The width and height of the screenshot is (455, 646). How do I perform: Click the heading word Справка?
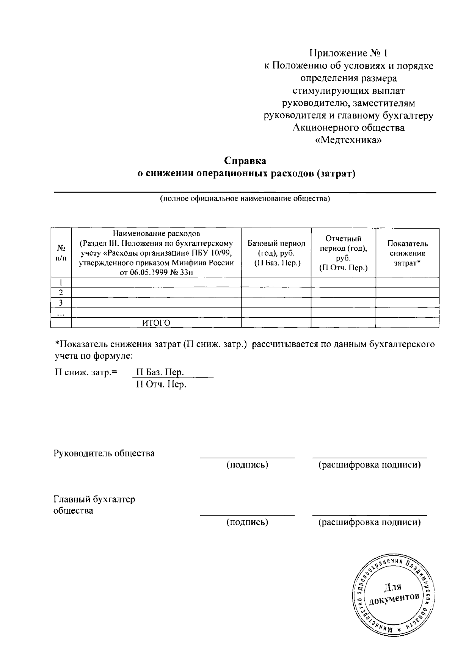tap(245, 161)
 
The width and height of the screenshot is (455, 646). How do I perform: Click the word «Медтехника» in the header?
tap(348, 140)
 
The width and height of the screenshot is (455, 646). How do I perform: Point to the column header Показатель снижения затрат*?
tap(407, 253)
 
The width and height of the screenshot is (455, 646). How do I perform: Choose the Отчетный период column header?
tap(343, 253)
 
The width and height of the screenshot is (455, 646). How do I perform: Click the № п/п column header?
tap(61, 253)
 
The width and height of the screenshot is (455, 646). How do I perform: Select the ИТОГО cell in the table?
tap(156, 323)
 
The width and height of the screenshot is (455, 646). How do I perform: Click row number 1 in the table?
tap(61, 282)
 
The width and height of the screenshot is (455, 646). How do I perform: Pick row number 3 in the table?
tap(61, 303)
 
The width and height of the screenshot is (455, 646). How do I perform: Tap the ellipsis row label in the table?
tap(61, 313)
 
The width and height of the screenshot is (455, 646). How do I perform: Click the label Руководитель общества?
tap(104, 453)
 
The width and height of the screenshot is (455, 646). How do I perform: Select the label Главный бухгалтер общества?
tap(94, 505)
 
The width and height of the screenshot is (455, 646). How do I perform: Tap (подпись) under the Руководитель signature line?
tap(247, 465)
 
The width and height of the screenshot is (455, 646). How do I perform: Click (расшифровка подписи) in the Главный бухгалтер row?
tap(369, 522)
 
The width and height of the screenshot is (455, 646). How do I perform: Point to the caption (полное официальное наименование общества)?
tap(245, 199)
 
